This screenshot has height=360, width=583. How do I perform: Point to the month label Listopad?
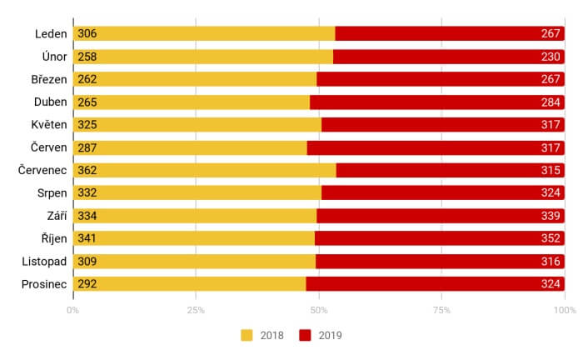point(45,261)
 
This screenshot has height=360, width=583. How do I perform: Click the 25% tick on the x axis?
point(196,310)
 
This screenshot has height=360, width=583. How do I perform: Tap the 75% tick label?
point(441,310)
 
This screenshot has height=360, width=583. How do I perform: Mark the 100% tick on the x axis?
point(564,310)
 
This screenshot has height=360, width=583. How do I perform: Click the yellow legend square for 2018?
point(247,336)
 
